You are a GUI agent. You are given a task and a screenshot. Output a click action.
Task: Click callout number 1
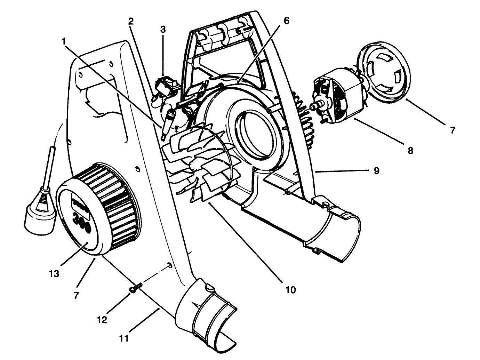(x=64, y=41)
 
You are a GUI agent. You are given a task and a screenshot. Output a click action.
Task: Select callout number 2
(x=130, y=21)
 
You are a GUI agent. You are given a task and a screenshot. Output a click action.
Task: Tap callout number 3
(x=163, y=29)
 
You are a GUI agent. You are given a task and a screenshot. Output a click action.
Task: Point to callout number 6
(x=286, y=21)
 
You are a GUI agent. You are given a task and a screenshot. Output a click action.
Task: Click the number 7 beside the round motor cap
(x=452, y=130)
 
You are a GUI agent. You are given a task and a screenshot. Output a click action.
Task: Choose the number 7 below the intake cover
(x=76, y=295)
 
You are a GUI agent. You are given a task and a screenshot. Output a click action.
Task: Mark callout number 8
(x=410, y=151)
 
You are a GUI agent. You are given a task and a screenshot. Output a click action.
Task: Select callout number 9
(x=376, y=171)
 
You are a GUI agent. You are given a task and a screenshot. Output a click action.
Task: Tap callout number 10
(x=290, y=289)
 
